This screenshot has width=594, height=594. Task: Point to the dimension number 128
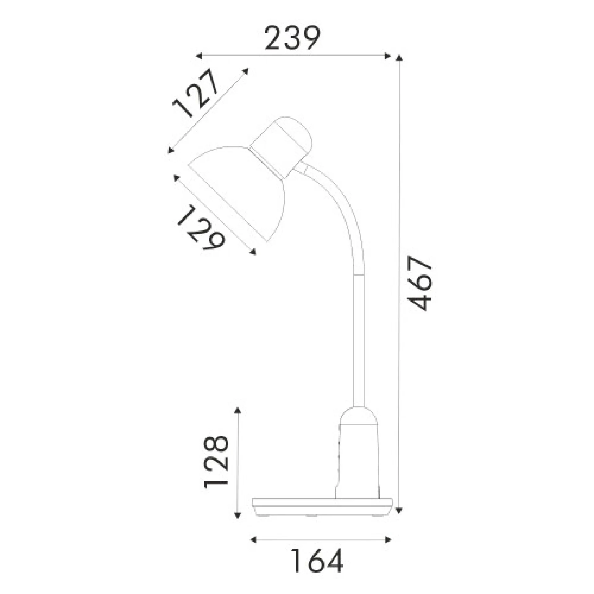[216, 462]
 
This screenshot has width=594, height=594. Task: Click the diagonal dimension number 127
[196, 93]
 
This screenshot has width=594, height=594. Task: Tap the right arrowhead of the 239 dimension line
[387, 56]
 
